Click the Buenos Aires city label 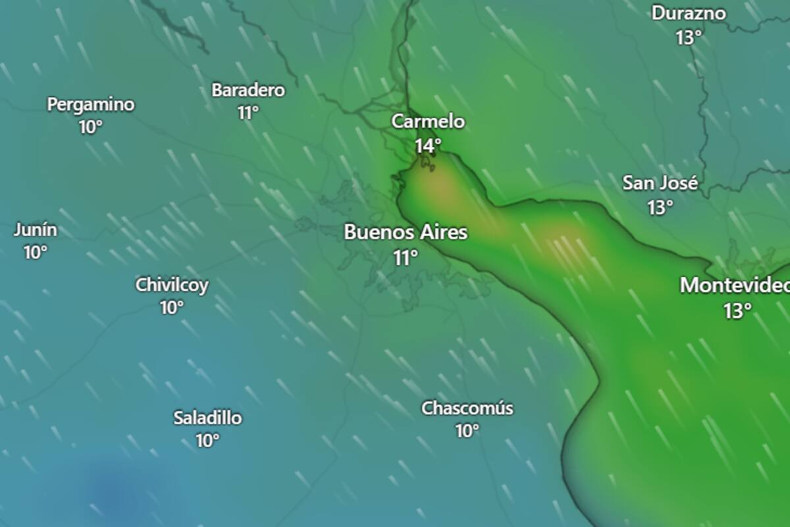point(406,233)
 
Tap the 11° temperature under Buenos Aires point(406,258)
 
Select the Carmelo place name point(428,122)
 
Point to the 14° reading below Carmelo point(428,146)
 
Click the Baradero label point(248,90)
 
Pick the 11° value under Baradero point(248,113)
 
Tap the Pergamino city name point(91,104)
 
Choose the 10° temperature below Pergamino point(91,127)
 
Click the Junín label point(36,231)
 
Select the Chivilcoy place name point(172,285)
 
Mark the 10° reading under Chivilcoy point(172,308)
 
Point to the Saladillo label point(207,418)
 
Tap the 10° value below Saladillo point(207,441)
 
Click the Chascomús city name point(467,408)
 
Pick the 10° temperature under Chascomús point(467,431)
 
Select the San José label point(660,183)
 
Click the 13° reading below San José point(660,208)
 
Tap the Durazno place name point(689,13)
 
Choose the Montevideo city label point(735,285)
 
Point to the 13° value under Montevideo point(738,311)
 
